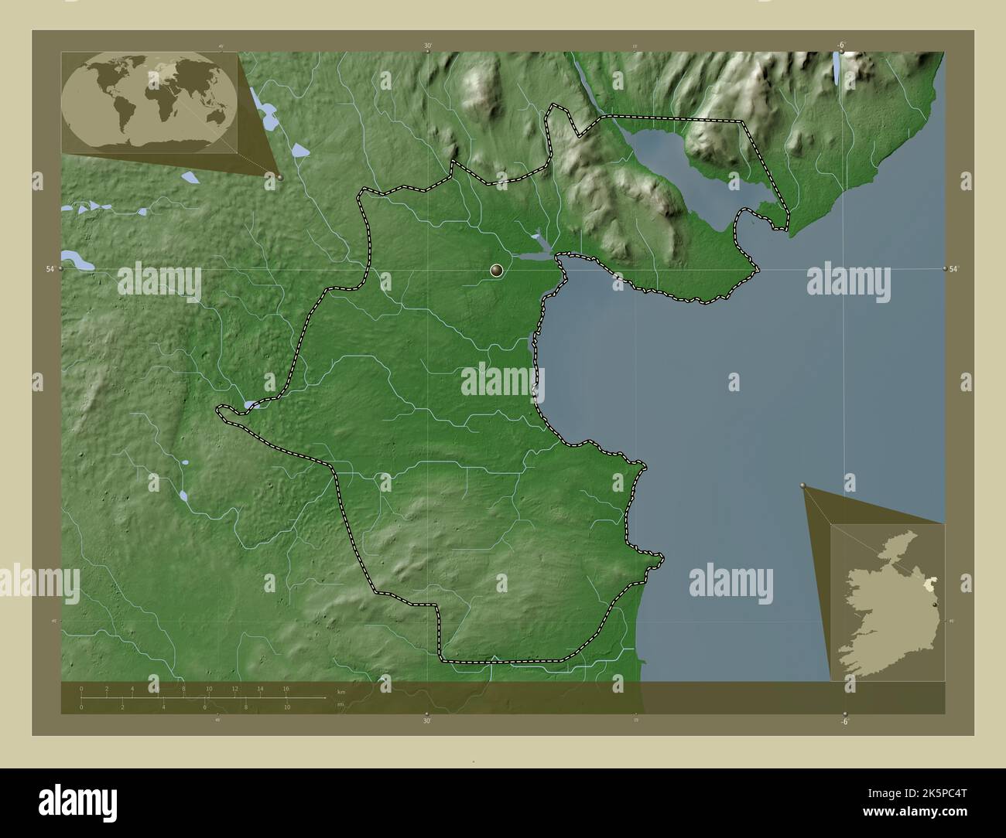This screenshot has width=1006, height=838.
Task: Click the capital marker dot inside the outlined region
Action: coord(496,270)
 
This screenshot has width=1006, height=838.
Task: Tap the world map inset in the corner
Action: coord(152,102)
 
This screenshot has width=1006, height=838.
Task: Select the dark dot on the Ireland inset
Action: coord(936,605)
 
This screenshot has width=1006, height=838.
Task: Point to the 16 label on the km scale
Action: coord(286,688)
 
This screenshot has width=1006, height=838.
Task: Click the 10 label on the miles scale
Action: coord(286,707)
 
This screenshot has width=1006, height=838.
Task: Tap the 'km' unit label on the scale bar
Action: coord(341,691)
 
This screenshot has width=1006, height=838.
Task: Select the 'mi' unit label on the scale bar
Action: coord(340,704)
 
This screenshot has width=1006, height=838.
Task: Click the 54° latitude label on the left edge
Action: coord(50,268)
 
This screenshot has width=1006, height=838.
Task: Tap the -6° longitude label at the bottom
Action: coord(843,721)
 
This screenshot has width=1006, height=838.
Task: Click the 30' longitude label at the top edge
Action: coord(427,46)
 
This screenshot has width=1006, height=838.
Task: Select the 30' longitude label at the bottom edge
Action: coord(426,721)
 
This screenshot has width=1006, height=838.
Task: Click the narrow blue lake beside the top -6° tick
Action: coord(837,69)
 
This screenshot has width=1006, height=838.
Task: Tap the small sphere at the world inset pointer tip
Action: coord(279,177)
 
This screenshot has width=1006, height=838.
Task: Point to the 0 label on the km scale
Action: coord(81,688)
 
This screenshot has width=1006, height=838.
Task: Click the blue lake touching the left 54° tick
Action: coord(77,260)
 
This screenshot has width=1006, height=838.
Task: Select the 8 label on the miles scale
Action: coord(246,707)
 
